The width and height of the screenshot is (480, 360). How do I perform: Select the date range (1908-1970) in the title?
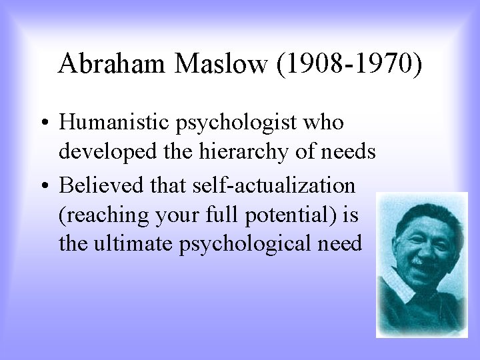pos(347,64)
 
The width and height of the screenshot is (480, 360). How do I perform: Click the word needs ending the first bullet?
pos(349,153)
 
